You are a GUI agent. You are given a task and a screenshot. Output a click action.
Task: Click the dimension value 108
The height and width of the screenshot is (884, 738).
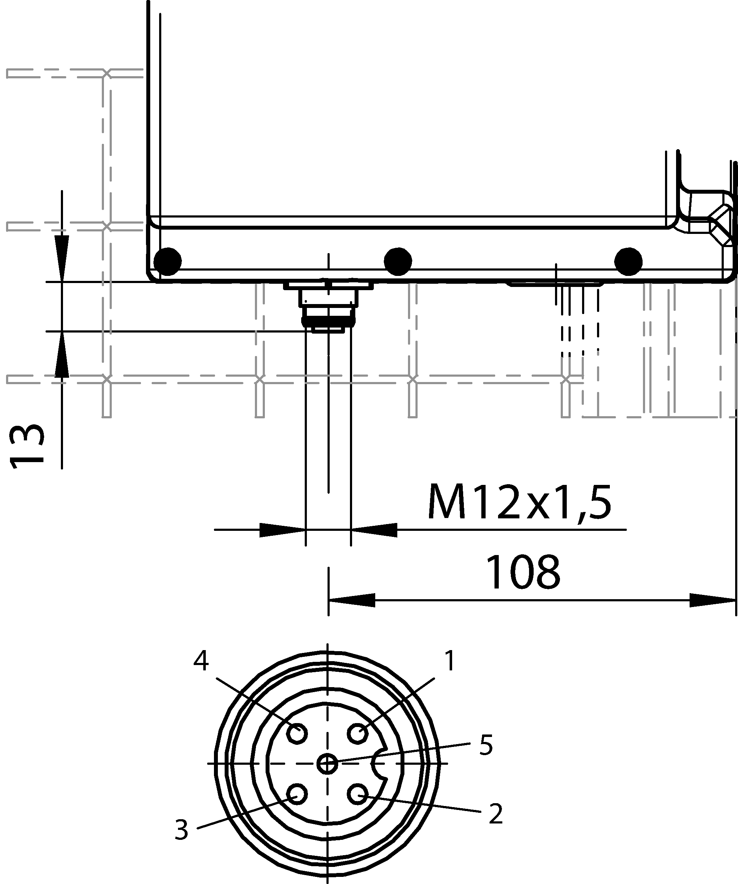pos(523,572)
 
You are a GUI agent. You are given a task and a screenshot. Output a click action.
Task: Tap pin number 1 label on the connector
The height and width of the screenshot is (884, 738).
pos(450,660)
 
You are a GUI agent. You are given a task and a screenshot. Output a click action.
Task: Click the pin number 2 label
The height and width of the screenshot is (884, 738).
pos(496,814)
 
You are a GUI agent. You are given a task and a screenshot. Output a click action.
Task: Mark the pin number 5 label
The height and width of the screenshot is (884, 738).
pos(486,745)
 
